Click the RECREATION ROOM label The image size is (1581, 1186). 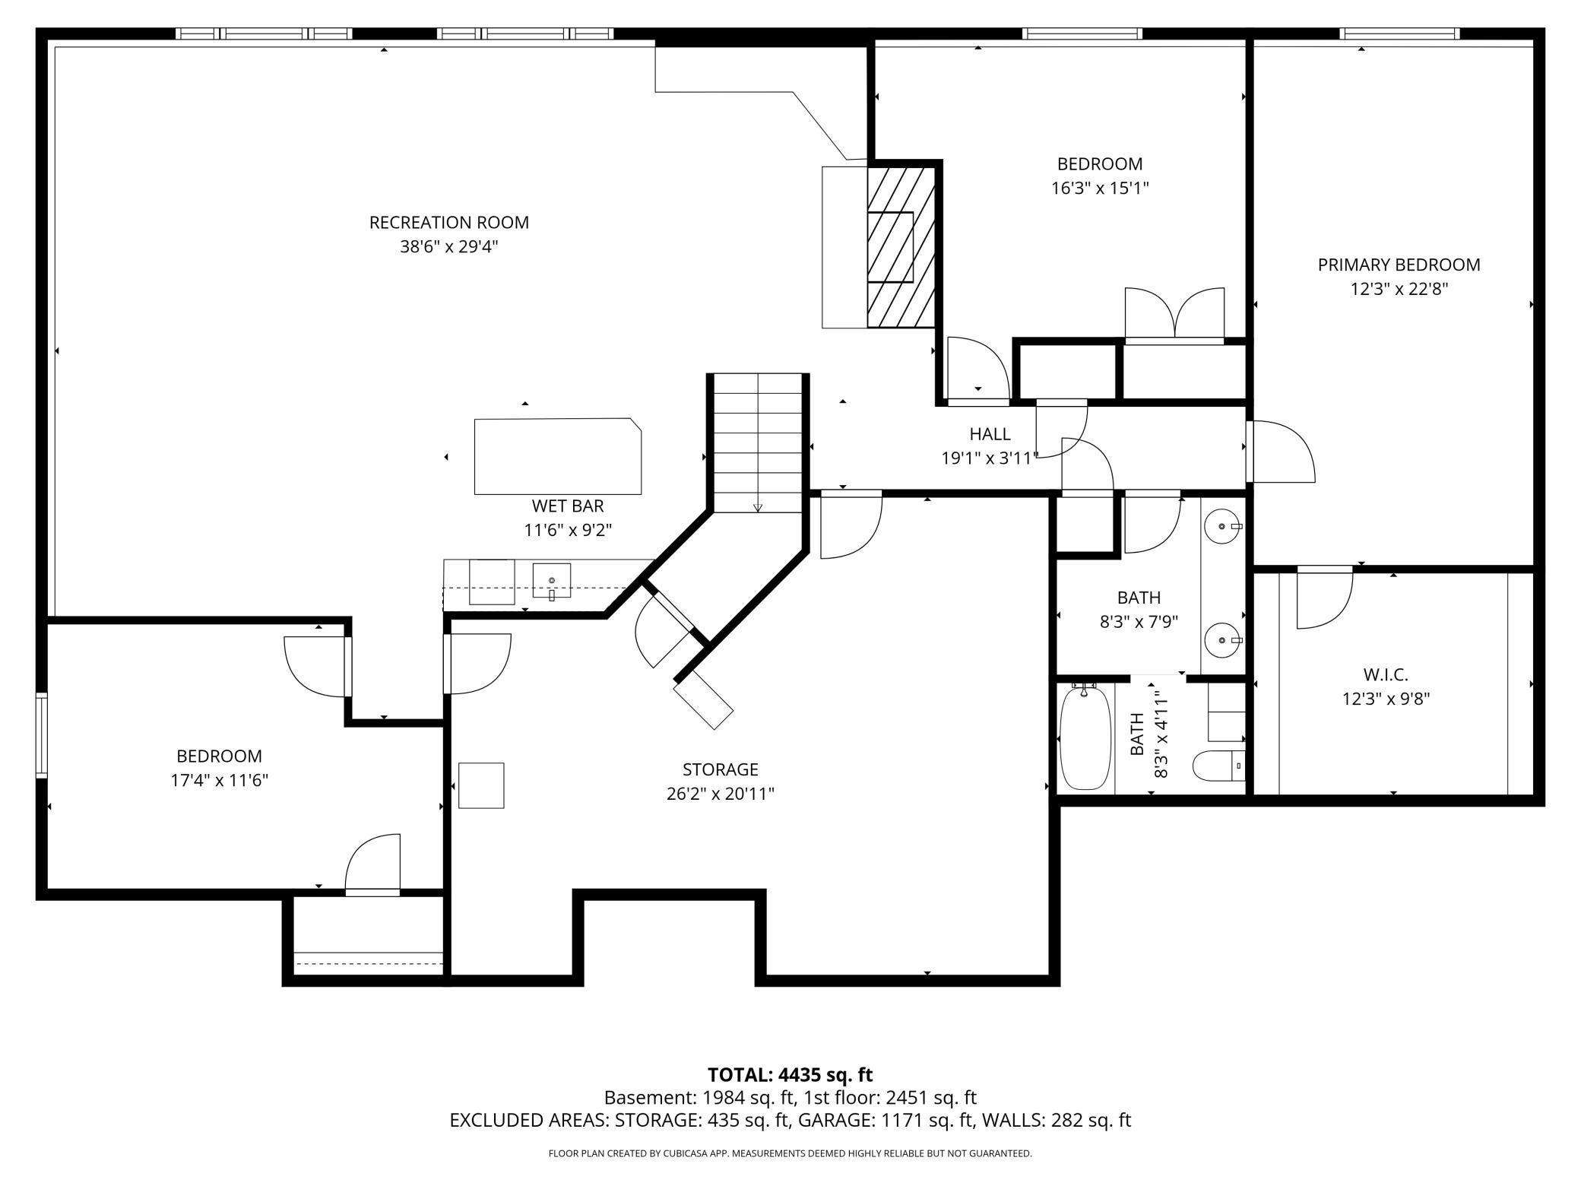click(448, 223)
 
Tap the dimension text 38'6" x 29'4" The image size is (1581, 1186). click(448, 247)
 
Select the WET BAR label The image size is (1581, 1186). click(567, 506)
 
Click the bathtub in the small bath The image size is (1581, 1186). click(1085, 737)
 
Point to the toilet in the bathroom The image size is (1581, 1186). click(1218, 766)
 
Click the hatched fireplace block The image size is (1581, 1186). click(901, 248)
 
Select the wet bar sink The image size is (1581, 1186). click(551, 581)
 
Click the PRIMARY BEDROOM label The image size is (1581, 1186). click(1399, 265)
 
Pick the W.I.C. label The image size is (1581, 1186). click(1385, 674)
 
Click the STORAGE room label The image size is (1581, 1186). click(720, 769)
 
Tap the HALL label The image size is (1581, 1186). click(990, 434)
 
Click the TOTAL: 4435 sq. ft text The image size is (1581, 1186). click(790, 1075)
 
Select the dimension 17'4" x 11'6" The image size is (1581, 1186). click(219, 780)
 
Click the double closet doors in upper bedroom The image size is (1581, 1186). click(1174, 313)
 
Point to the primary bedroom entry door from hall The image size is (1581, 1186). click(1281, 452)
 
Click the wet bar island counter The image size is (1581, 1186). click(557, 456)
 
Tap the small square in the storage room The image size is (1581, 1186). click(481, 785)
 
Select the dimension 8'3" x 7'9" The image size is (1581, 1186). click(1139, 622)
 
